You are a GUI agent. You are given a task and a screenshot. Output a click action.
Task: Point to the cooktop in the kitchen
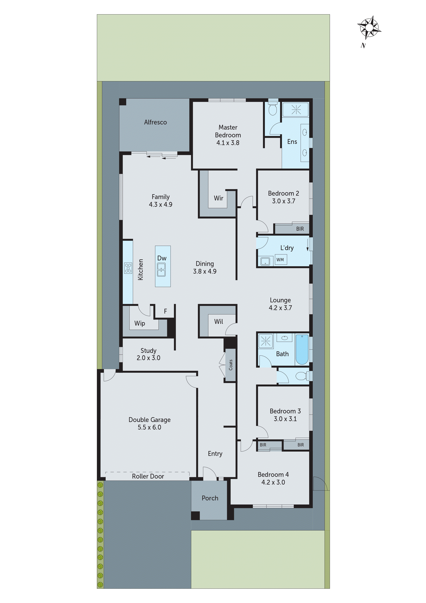click(128, 268)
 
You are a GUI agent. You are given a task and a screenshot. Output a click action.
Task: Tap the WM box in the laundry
click(280, 260)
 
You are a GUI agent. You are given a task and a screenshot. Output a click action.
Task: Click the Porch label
click(210, 498)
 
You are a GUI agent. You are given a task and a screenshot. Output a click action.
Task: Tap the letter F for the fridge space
click(165, 311)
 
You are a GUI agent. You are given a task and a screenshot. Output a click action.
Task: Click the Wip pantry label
click(140, 323)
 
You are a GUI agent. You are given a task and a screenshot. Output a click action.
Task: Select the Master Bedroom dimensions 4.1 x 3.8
click(228, 143)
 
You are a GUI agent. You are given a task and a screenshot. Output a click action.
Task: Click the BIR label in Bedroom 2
click(300, 229)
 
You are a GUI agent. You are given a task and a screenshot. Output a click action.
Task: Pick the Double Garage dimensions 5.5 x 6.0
click(149, 427)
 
